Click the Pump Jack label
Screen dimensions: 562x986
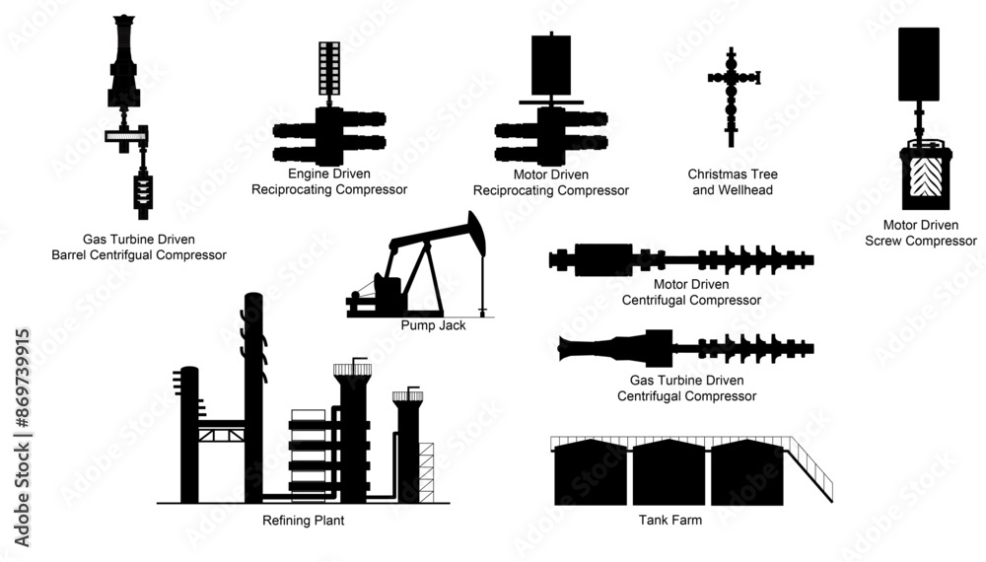pos(433,324)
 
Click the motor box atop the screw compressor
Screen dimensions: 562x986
pos(919,63)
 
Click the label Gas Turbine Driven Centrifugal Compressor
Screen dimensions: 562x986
pos(686,388)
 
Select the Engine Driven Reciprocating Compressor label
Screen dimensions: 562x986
pos(329,181)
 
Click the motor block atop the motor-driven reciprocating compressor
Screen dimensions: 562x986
pos(551,64)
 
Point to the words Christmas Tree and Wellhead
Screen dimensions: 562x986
pos(731,181)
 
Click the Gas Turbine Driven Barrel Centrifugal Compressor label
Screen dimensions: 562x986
pos(139,246)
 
